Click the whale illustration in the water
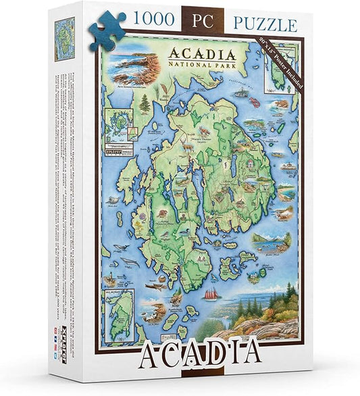tap(128, 260)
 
